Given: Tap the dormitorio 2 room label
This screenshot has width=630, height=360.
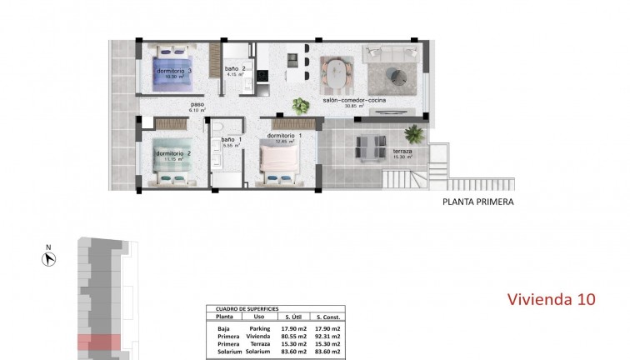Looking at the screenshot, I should pos(174,153).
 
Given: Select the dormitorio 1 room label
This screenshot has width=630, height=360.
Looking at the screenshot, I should pos(284,135).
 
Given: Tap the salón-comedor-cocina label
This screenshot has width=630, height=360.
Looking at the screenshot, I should pos(353,101).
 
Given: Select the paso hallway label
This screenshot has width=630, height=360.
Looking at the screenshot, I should pos(197,105).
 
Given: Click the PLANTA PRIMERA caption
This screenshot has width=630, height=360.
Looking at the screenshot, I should pos(477,202).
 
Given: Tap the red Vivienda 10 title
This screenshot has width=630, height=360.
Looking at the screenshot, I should pos(551,299).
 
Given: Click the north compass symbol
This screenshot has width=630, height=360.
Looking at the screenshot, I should pos(49,259).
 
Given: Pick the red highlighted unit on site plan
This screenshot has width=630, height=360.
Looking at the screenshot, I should pos(99,342).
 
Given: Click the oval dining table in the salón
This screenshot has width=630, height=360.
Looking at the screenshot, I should pos(335,74).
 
